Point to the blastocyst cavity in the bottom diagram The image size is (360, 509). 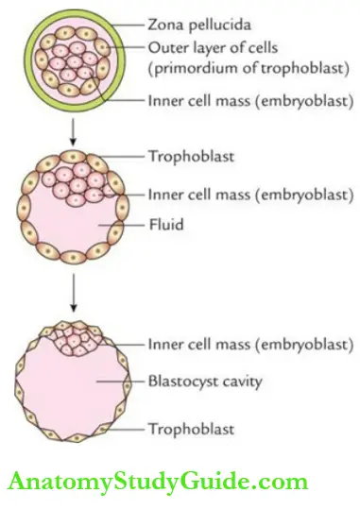[x=71, y=392]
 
